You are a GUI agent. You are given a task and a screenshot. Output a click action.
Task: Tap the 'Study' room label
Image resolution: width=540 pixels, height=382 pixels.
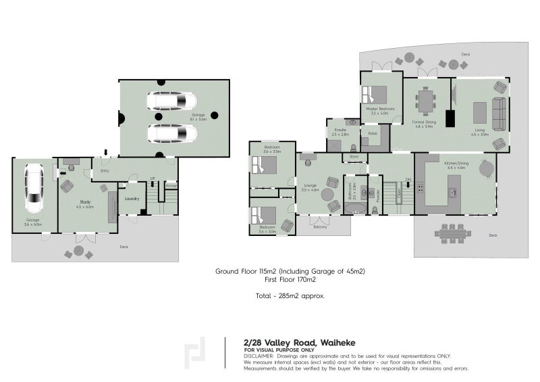coord(85,202)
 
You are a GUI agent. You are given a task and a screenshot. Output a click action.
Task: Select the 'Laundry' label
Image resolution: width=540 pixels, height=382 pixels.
coord(132,198)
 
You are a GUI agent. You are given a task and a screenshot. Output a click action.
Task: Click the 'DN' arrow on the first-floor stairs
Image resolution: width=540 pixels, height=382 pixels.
coord(408,181)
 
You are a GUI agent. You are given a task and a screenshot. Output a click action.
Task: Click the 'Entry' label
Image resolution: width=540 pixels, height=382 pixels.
coord(105,170)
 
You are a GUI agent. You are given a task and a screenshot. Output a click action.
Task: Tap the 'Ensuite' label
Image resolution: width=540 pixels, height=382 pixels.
coord(340,129)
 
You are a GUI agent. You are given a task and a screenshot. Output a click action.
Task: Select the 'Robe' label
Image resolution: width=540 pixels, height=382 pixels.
coord(372,133)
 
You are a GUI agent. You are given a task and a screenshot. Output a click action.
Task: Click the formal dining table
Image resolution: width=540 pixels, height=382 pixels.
coord(427,101)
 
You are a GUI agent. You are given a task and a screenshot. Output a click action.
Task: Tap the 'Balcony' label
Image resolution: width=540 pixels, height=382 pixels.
coord(320,227)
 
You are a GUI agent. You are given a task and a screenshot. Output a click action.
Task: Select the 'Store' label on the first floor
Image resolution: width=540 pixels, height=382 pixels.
coord(354,158)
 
